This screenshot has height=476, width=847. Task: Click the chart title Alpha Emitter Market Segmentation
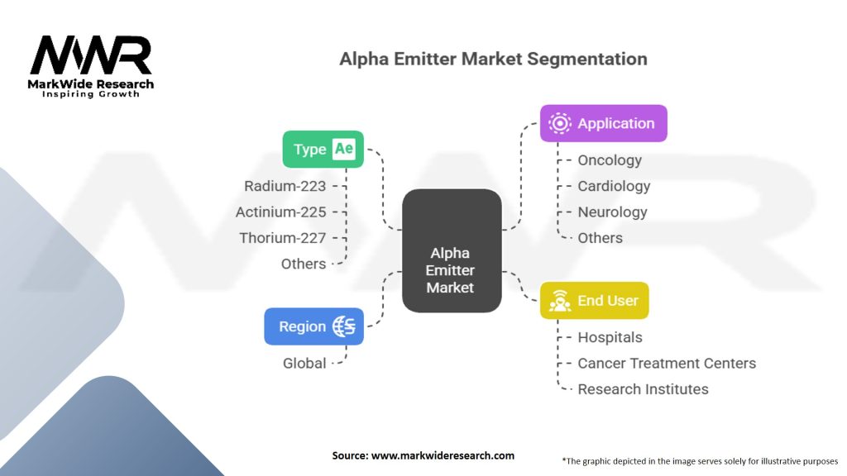(493, 59)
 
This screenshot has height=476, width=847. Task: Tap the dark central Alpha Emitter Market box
(452, 250)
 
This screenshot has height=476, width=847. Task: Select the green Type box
(323, 150)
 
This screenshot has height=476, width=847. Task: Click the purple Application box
(603, 123)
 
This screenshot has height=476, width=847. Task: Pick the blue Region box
(313, 326)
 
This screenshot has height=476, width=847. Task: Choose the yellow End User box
(594, 301)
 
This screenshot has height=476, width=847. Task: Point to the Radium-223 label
(285, 186)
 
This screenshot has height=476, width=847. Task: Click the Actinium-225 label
(280, 212)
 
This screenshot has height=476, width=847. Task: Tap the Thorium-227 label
(282, 238)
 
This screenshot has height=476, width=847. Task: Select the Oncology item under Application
(610, 160)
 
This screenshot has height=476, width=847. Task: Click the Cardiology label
(614, 186)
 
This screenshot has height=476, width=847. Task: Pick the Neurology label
(612, 212)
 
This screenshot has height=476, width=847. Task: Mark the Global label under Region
(304, 363)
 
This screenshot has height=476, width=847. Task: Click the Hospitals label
(610, 337)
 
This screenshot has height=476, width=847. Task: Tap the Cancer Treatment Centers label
(667, 363)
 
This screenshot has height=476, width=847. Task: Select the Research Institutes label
(643, 389)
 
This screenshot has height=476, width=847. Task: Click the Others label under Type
(304, 264)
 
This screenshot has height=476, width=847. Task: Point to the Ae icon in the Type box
(343, 150)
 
